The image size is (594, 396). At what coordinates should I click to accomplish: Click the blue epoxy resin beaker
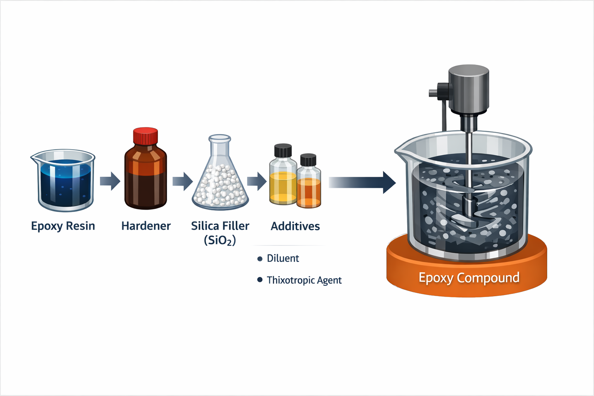pos(63,181)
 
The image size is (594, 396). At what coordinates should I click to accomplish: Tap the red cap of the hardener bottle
pos(145,136)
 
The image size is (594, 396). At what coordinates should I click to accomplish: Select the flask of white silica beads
pos(220,182)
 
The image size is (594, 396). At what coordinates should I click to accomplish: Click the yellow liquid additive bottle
pos(283,182)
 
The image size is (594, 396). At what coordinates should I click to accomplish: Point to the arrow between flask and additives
pos(257,181)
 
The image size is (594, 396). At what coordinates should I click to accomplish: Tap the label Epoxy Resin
pos(63,226)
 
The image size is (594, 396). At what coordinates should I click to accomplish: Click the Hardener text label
pos(146,226)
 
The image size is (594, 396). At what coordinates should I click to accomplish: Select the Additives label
pos(295,226)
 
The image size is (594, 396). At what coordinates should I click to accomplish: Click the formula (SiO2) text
pos(220,241)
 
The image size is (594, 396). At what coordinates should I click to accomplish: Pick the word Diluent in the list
pos(283,258)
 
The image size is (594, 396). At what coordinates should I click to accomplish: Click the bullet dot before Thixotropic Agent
pos(260,280)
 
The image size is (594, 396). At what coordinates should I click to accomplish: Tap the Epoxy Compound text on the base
pos(469,278)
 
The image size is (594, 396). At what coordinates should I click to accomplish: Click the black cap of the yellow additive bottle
pos(283,150)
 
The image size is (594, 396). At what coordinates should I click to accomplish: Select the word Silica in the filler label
pos(205,226)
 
